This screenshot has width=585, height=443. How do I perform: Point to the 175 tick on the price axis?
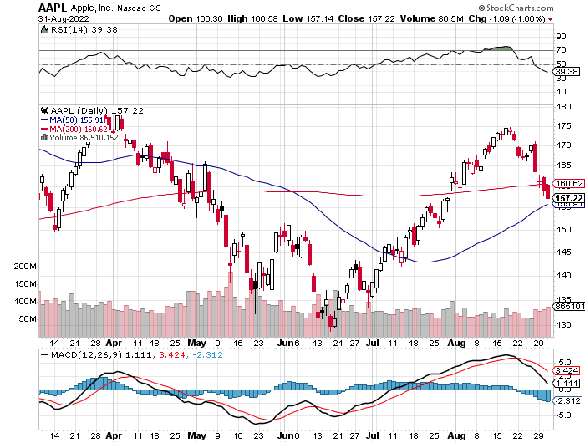click(x=563, y=125)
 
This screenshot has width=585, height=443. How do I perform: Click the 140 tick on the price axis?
click(x=563, y=276)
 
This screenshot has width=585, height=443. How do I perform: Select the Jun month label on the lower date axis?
click(x=288, y=435)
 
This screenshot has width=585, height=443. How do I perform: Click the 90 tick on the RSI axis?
click(x=561, y=37)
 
